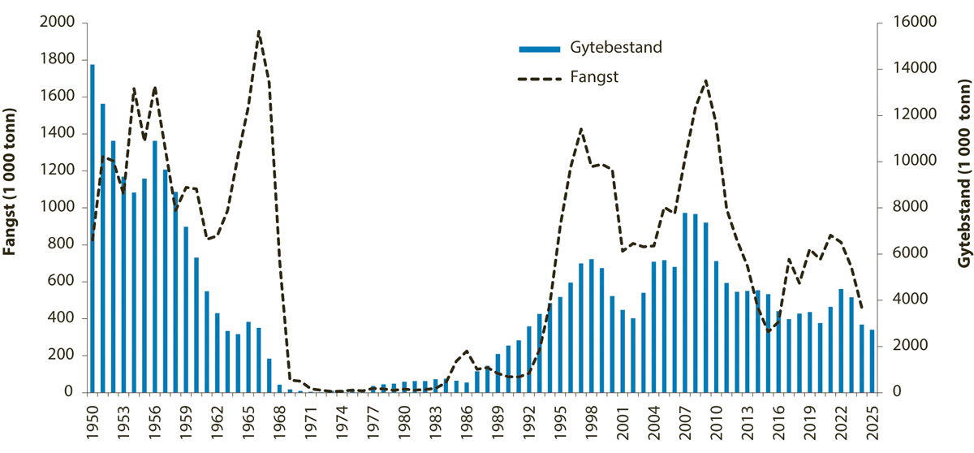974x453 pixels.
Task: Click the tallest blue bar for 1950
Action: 93,227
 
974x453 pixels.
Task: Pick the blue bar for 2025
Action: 872,360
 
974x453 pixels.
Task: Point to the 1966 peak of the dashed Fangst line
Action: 258,32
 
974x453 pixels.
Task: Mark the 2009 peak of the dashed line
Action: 705,80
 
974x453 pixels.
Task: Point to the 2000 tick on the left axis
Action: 58,23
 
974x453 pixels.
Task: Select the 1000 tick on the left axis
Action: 58,208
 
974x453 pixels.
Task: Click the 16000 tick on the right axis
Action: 905,23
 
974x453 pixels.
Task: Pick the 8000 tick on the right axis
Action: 902,208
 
